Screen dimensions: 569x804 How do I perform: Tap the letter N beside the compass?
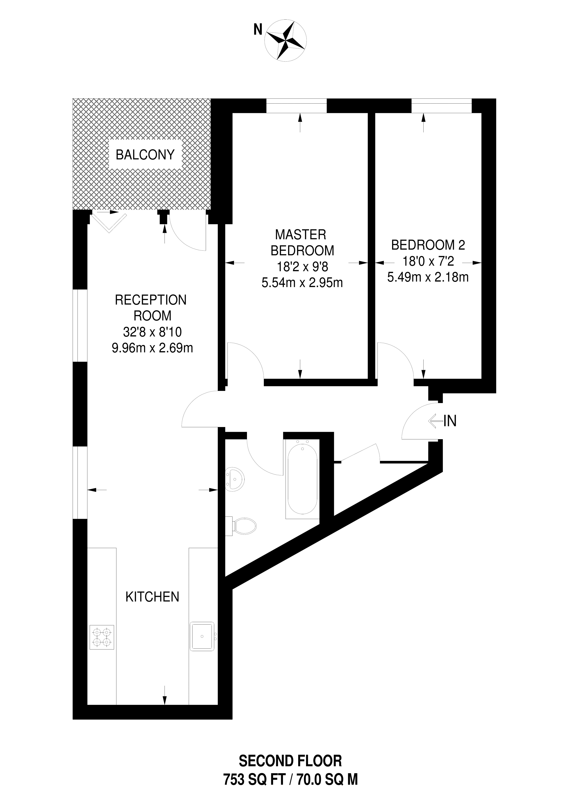pos(258,30)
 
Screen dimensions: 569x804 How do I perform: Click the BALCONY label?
pos(145,154)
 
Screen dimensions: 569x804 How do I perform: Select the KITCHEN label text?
pos(152,597)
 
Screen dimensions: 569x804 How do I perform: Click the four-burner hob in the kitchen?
pos(102,637)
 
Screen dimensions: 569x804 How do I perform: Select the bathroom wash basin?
pos(235,478)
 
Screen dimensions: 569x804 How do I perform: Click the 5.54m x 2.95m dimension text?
pos(302,283)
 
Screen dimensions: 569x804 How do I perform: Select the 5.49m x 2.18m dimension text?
pos(428,277)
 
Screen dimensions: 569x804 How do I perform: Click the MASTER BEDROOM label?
pos(302,242)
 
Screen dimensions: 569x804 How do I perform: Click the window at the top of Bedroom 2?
pos(441,106)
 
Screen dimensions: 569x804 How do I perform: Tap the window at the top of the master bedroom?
pos(296,106)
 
